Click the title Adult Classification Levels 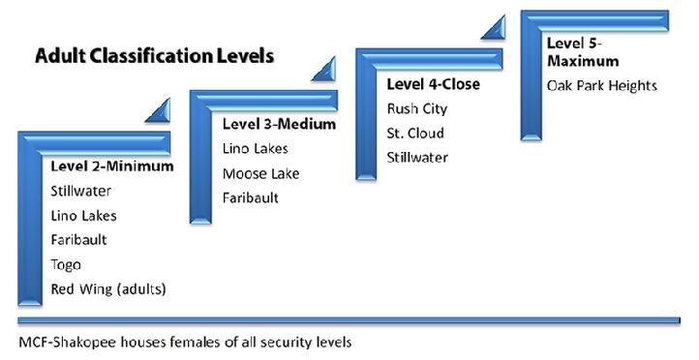click(x=154, y=56)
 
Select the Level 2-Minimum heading click(x=112, y=166)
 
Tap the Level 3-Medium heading click(x=279, y=124)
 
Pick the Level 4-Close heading click(x=434, y=84)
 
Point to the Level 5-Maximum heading click(x=583, y=52)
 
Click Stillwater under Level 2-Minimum click(x=80, y=192)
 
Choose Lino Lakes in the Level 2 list click(x=84, y=216)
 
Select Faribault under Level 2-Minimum click(x=79, y=240)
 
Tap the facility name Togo click(x=66, y=265)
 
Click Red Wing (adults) click(x=108, y=289)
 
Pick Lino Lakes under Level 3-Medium click(x=256, y=149)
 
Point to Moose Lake click(x=261, y=173)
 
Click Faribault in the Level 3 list click(x=251, y=197)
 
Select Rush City click(x=417, y=109)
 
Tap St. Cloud click(x=415, y=134)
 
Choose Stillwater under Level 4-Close click(x=417, y=158)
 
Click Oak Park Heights click(x=602, y=85)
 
